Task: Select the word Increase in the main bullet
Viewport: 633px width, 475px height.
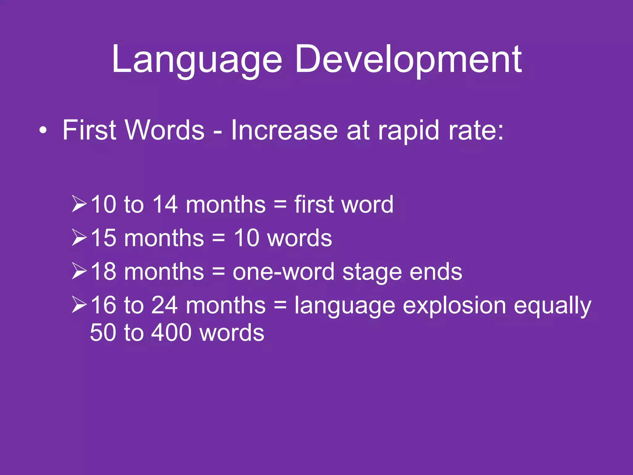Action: pyautogui.click(x=284, y=130)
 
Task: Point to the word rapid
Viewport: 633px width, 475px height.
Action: pyautogui.click(x=408, y=131)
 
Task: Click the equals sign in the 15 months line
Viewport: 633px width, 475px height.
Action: pyautogui.click(x=219, y=238)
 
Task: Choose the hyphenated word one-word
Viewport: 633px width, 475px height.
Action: pyautogui.click(x=283, y=272)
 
